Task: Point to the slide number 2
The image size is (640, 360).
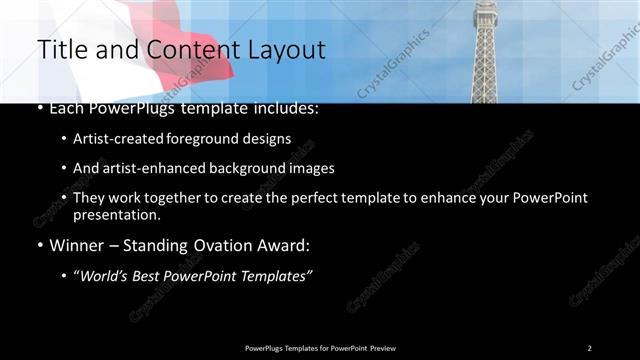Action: (x=589, y=347)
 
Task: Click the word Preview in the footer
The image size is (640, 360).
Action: (x=383, y=347)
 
